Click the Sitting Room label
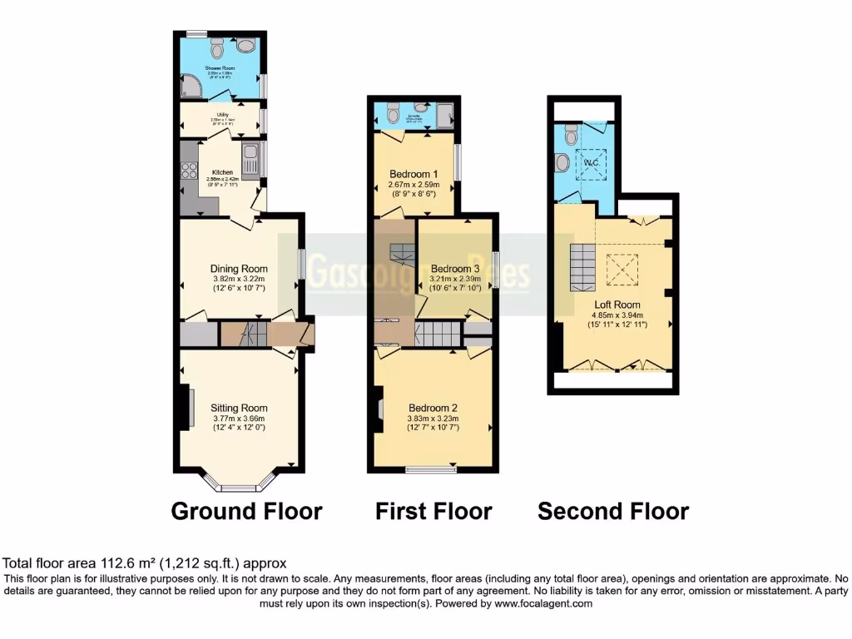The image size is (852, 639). tap(240, 408)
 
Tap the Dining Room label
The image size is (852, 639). tap(239, 269)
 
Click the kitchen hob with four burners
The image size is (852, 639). tap(189, 171)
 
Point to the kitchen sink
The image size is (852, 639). tap(250, 154)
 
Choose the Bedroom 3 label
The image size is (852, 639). tap(455, 269)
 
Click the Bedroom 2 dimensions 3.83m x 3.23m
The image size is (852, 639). tap(433, 419)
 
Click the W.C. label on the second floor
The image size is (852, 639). tap(592, 161)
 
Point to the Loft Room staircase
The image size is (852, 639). tap(582, 266)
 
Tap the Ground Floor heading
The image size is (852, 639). tap(246, 510)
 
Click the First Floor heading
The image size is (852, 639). tap(433, 510)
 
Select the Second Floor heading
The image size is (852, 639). tap(613, 510)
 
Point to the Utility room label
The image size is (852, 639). tap(222, 115)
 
